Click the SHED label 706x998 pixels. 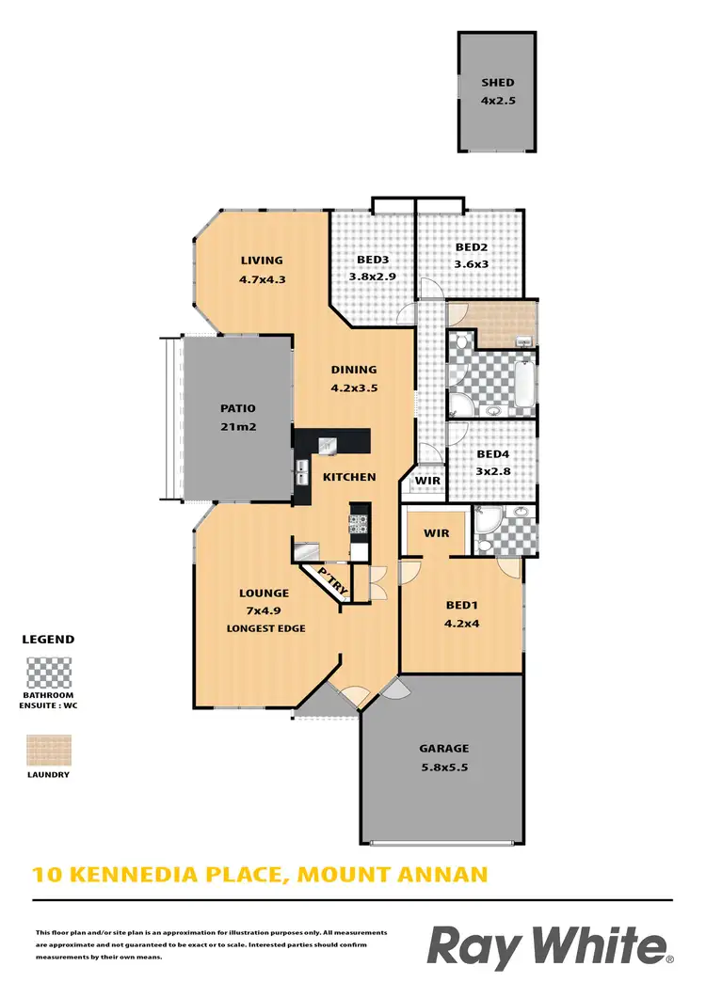(x=498, y=83)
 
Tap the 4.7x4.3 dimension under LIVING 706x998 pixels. (x=262, y=279)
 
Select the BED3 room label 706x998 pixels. (x=373, y=261)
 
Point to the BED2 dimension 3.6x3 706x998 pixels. (x=472, y=265)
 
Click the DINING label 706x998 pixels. (x=353, y=370)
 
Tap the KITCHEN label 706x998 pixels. (x=349, y=477)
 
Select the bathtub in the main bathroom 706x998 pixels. (x=525, y=383)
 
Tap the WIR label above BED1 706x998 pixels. (x=437, y=533)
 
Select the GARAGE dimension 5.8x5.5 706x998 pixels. (x=443, y=768)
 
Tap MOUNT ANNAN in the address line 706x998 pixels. (x=393, y=875)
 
